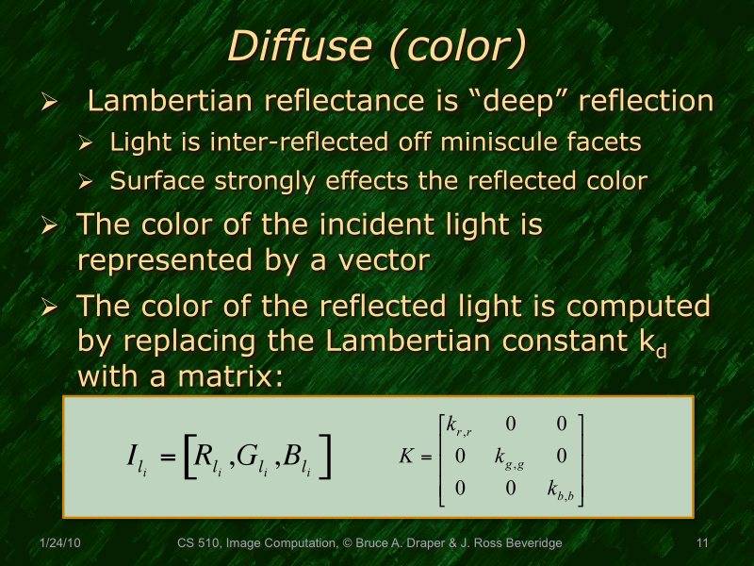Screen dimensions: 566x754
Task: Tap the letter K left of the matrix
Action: point(407,457)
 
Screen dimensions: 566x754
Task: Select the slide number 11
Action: point(701,543)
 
